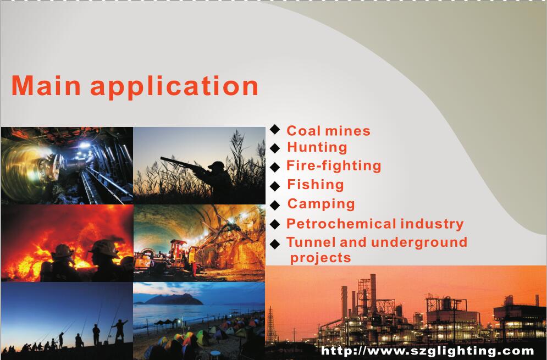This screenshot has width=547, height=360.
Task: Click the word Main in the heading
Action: (x=46, y=85)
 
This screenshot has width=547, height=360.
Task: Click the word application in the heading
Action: (x=174, y=87)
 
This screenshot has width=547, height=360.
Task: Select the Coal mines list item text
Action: (x=328, y=131)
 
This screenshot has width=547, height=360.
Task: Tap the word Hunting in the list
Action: (x=317, y=147)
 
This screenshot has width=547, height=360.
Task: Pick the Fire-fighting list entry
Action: (x=334, y=166)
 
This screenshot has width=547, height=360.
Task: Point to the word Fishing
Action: (x=316, y=185)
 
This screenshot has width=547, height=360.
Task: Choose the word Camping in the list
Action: (x=321, y=204)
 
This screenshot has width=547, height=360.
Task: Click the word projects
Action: (x=321, y=258)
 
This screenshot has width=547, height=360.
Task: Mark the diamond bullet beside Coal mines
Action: (x=275, y=129)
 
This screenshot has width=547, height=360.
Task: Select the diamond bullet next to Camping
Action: (x=275, y=205)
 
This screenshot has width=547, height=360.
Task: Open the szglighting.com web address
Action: (x=427, y=351)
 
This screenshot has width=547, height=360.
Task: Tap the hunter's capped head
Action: (x=217, y=166)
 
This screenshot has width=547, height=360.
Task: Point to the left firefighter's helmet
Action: (x=63, y=251)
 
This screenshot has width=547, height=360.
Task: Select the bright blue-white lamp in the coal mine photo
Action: (x=84, y=145)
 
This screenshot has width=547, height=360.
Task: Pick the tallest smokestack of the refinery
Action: (x=373, y=292)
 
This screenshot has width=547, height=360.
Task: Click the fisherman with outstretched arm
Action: (x=119, y=330)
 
